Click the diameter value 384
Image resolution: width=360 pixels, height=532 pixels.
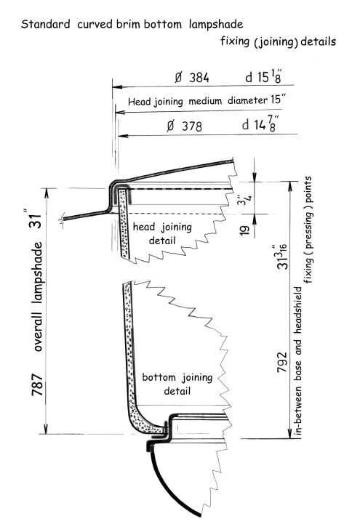pos(199,78)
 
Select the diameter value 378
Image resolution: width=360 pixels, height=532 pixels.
pos(192,126)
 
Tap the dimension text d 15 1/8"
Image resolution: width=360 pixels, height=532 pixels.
pos(264,77)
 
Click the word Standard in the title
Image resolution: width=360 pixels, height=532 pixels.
pos(46,24)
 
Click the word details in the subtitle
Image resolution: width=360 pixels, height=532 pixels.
pos(319,41)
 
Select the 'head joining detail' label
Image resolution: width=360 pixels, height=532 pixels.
pos(162,233)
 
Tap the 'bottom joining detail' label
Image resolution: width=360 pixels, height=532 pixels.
pos(177,384)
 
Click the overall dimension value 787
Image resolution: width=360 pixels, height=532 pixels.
pos(38,384)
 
